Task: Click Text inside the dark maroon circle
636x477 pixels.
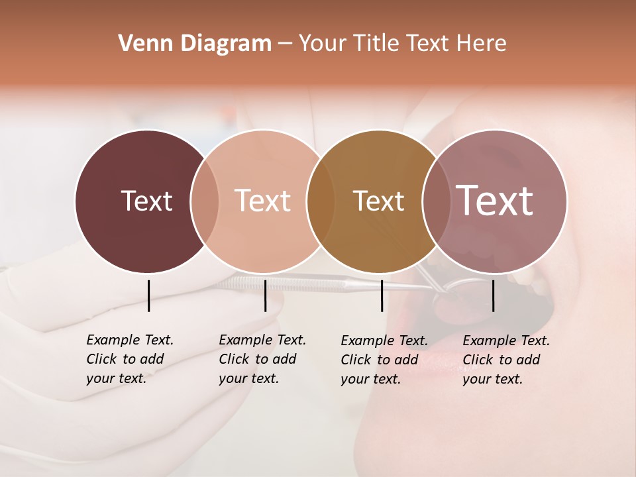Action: [146, 201]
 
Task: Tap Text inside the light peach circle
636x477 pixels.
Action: [263, 201]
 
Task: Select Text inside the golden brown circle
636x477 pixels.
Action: [379, 201]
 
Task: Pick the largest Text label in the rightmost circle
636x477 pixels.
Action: [495, 201]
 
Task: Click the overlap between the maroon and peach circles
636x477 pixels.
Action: [205, 201]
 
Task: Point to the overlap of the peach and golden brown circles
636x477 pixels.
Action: [321, 201]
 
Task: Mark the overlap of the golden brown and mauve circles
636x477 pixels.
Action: [436, 201]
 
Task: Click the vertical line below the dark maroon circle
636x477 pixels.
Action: [148, 295]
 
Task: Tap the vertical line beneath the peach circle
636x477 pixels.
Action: [265, 295]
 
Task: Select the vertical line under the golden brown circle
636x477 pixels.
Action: [382, 295]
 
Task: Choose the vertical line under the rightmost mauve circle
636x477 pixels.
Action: [494, 295]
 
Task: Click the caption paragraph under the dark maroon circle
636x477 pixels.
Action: [129, 359]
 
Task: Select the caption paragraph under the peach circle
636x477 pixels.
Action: [262, 359]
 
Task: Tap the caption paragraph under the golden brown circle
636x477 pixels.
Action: [384, 360]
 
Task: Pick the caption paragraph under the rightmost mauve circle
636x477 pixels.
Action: [505, 360]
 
